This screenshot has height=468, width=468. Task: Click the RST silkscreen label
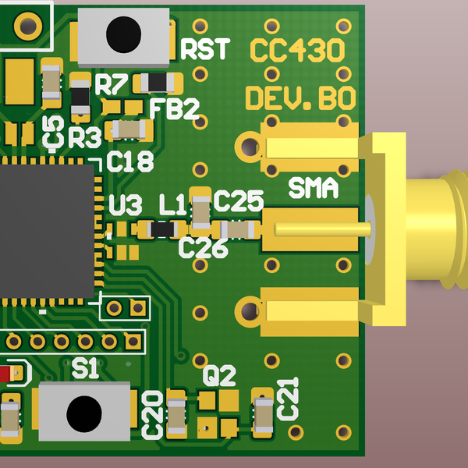[205, 50]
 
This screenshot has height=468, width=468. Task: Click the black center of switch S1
[83, 413]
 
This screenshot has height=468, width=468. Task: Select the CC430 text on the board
[296, 51]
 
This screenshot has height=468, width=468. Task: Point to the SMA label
[313, 188]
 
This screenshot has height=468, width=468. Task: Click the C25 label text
[238, 202]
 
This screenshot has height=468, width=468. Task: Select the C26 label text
[203, 249]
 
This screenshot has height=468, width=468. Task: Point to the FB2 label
[174, 109]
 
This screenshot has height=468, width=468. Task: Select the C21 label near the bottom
[289, 398]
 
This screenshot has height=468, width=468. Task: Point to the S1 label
[85, 369]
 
